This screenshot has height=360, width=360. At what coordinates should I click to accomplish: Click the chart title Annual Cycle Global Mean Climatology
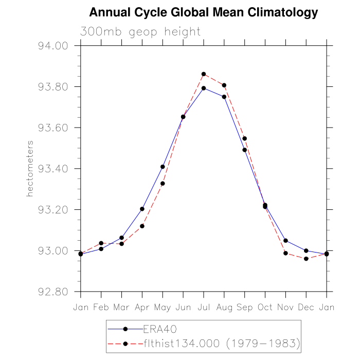tap(204, 12)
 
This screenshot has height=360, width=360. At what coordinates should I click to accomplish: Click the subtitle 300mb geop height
tap(140, 32)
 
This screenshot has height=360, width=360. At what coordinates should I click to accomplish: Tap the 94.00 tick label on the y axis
tap(53, 46)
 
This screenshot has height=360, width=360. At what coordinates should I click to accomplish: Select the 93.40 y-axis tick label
tap(53, 169)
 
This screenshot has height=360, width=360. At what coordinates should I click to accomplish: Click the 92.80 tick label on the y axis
tap(53, 292)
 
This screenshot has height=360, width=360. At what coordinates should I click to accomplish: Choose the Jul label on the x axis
tap(204, 308)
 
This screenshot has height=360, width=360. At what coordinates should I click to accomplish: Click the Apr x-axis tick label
tap(142, 308)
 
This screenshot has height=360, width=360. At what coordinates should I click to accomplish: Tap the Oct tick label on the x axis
tap(265, 308)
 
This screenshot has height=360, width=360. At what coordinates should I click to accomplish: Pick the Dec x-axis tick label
tap(306, 308)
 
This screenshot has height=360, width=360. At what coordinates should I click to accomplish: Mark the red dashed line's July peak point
tap(204, 74)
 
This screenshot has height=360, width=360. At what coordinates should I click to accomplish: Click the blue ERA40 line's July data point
tap(204, 88)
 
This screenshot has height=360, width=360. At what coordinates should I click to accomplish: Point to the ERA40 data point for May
tap(163, 167)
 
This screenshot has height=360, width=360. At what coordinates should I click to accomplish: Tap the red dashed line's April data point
tap(142, 226)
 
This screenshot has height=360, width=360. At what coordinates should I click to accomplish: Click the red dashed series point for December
tap(306, 259)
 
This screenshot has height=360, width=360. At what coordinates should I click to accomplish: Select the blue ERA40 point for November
tap(285, 241)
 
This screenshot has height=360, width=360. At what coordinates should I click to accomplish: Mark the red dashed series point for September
tap(245, 138)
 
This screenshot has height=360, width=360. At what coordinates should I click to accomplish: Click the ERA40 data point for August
tap(224, 97)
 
